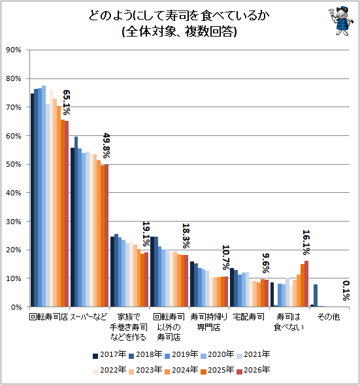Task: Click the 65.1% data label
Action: (x=67, y=103)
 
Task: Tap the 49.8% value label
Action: (x=106, y=145)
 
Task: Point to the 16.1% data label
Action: (x=306, y=243)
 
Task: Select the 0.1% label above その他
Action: (x=346, y=291)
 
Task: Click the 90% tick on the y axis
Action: (x=14, y=50)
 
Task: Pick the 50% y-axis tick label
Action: (x=14, y=164)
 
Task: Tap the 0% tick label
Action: (x=16, y=307)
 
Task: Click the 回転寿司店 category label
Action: (x=48, y=317)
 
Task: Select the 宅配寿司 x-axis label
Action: (x=248, y=317)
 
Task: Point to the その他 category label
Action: (x=329, y=317)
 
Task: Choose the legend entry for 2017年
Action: (x=110, y=354)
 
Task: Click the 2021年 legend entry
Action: (x=254, y=354)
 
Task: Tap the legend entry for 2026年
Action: (x=254, y=370)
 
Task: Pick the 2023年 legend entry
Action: (x=146, y=370)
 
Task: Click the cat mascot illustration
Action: (x=341, y=21)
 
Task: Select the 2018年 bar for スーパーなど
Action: (x=76, y=222)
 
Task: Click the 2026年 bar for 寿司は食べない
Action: (x=306, y=284)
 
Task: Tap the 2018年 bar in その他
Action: (x=316, y=295)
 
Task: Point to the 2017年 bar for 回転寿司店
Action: (x=32, y=200)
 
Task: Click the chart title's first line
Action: (x=179, y=16)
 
